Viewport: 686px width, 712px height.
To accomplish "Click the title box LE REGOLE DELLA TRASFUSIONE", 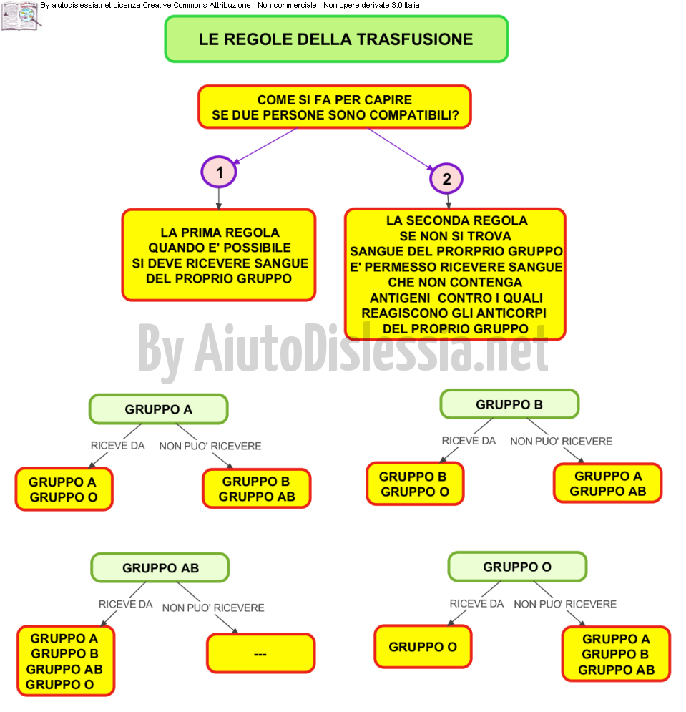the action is click(x=336, y=39).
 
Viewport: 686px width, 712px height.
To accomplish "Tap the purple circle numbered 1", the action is click(x=219, y=172).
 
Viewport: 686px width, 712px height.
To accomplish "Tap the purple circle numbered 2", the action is click(x=446, y=179).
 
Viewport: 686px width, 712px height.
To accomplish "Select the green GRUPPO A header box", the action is click(x=159, y=409).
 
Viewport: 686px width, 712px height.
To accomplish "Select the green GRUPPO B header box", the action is click(x=509, y=404).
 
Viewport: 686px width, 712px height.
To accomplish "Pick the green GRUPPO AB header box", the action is click(x=160, y=567).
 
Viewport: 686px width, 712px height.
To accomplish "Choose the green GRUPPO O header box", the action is click(x=517, y=567).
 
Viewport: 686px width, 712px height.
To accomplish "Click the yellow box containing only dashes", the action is click(x=260, y=653).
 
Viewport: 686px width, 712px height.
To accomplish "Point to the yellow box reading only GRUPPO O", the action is click(x=423, y=647).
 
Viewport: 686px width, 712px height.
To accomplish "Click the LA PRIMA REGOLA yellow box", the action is click(x=219, y=255).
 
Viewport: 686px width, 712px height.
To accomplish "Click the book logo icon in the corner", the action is click(x=21, y=16).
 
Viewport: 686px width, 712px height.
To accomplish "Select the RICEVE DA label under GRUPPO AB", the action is click(x=126, y=605).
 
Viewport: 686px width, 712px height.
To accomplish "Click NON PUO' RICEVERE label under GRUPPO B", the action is click(x=561, y=442).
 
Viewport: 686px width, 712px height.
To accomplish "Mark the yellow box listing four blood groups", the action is click(x=66, y=660).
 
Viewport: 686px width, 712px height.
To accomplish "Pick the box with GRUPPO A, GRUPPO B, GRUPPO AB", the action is click(x=616, y=654).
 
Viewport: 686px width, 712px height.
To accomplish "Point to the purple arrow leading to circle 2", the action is click(x=401, y=149).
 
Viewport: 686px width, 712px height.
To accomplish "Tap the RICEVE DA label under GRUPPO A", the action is click(x=118, y=446).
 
